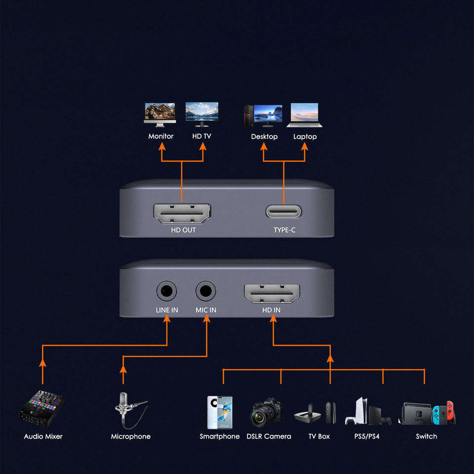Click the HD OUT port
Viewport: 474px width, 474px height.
182,213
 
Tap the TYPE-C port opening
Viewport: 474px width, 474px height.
284,212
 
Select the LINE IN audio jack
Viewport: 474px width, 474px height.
166,291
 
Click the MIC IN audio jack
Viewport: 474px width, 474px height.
206,291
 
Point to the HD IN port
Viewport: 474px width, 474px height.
272,294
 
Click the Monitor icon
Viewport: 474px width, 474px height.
160,113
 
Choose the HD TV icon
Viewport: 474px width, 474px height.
201,113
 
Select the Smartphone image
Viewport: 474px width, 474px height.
219,412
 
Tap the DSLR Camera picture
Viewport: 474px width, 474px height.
267,412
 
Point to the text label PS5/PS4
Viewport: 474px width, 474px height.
367,436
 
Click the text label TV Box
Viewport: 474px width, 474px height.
319,436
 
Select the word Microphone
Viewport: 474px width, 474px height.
130,436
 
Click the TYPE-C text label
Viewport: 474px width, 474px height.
284,230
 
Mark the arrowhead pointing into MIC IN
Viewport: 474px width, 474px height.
206,319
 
